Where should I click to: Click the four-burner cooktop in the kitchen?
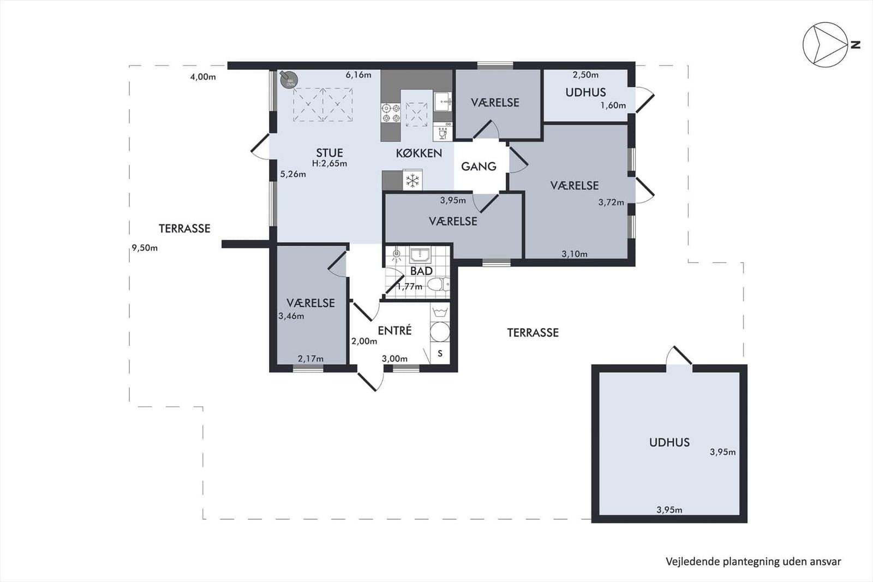tap(391, 112)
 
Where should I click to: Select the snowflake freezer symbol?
tap(413, 180)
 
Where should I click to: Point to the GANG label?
tap(479, 167)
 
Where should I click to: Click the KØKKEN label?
tap(419, 153)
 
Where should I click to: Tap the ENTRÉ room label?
tap(394, 330)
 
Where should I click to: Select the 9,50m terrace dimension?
tap(145, 248)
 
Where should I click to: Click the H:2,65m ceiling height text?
tap(330, 163)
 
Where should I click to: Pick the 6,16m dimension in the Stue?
tap(358, 75)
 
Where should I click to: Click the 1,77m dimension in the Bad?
tap(410, 286)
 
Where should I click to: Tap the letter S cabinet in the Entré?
tap(440, 353)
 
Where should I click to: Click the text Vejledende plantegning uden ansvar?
tap(753, 561)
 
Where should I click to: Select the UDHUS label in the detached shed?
tap(669, 442)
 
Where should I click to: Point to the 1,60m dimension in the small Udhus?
tap(613, 105)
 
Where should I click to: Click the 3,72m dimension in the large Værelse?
tap(611, 202)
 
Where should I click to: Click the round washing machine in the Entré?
tap(440, 332)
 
